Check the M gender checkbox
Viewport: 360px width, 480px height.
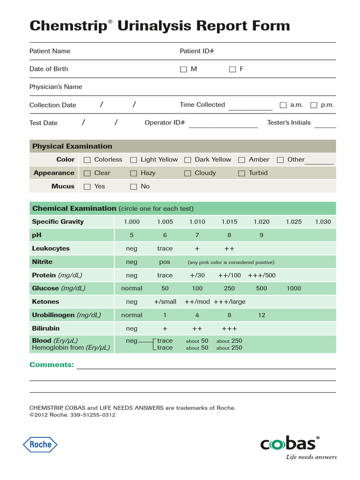(x=183, y=69)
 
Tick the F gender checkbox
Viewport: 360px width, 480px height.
(x=232, y=69)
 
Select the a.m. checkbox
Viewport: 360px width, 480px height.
(x=283, y=105)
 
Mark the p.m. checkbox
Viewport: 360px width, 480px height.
(x=314, y=105)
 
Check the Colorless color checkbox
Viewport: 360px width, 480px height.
(x=87, y=160)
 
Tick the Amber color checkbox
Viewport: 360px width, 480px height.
(x=241, y=160)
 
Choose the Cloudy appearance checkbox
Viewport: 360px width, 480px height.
(x=187, y=173)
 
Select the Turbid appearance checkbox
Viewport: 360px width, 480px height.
(x=241, y=173)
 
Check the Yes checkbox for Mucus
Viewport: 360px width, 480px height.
(x=87, y=187)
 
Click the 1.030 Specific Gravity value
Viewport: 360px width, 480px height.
(x=322, y=222)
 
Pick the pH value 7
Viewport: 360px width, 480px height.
(x=197, y=235)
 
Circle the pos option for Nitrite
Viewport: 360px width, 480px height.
(x=165, y=262)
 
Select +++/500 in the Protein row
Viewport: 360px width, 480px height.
(x=262, y=275)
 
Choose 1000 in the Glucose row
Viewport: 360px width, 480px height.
(x=293, y=288)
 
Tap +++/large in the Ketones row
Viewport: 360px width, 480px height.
(x=230, y=302)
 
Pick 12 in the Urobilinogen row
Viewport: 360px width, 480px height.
(x=262, y=315)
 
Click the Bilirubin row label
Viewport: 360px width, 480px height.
(x=45, y=328)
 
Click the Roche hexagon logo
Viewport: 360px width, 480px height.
(x=40, y=444)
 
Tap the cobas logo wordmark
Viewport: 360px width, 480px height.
(x=288, y=444)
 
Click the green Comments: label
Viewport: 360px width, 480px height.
(x=52, y=365)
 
